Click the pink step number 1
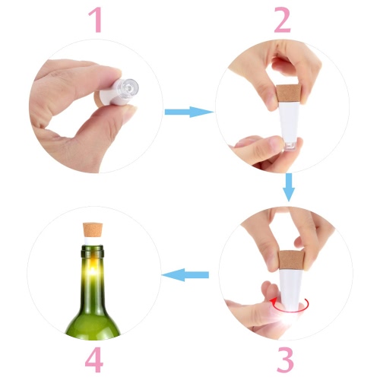[96, 20]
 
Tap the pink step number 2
[282, 20]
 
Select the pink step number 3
[285, 359]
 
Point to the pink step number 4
[94, 359]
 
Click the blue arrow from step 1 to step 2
[188, 112]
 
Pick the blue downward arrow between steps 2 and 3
[289, 187]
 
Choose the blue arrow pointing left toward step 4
[185, 274]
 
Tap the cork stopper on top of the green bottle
[93, 230]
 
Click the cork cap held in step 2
[289, 93]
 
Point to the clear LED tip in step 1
[128, 87]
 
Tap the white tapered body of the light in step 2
[290, 122]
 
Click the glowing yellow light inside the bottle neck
[93, 271]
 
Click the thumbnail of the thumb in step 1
[130, 112]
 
